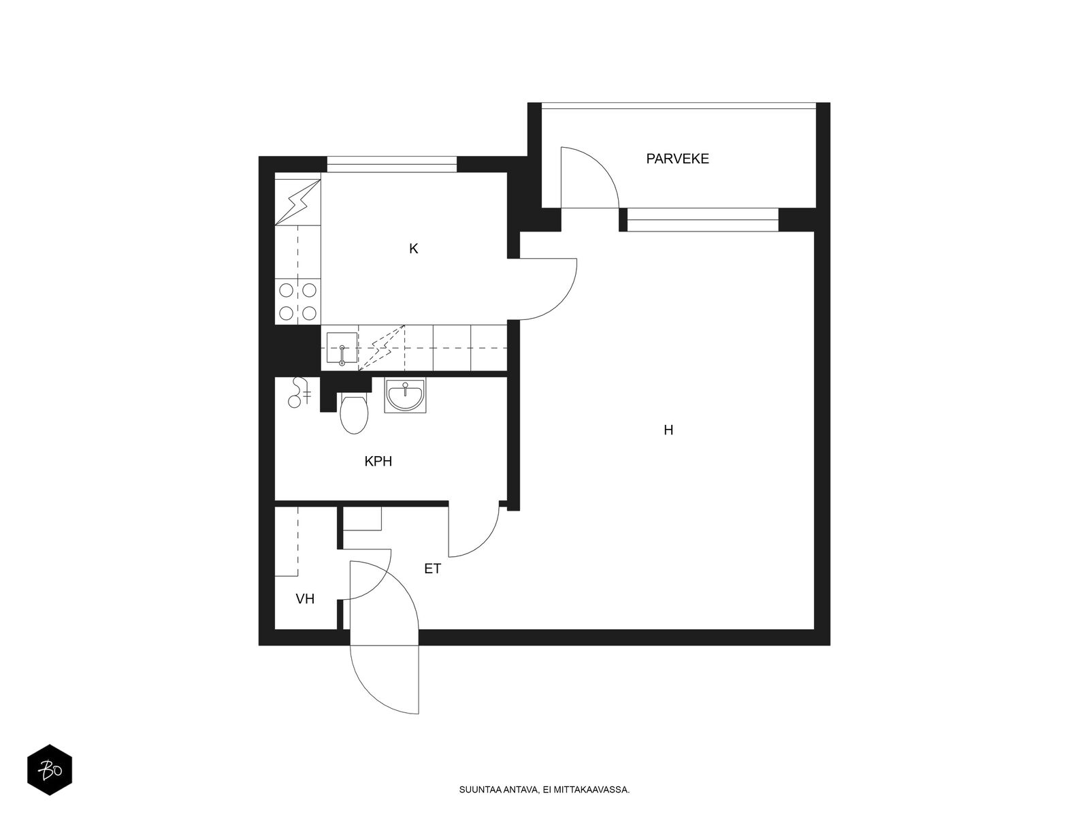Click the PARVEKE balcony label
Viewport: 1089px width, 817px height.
(x=677, y=159)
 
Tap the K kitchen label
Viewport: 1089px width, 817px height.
(x=413, y=249)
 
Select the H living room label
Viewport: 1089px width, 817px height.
(x=668, y=430)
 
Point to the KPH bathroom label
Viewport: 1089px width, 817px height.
(x=378, y=462)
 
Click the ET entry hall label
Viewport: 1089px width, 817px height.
(x=433, y=569)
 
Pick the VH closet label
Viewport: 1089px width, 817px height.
(x=305, y=599)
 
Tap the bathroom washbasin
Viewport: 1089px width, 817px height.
(x=406, y=396)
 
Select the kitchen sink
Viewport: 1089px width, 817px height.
(x=342, y=349)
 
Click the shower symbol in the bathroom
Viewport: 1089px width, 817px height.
(x=299, y=392)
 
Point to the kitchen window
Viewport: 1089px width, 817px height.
(x=391, y=164)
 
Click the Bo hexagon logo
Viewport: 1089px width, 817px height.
(x=50, y=770)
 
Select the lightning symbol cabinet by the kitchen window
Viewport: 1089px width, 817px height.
(x=297, y=202)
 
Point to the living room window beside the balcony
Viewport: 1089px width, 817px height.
(x=702, y=220)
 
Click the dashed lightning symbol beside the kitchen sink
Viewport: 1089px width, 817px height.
(x=382, y=348)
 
